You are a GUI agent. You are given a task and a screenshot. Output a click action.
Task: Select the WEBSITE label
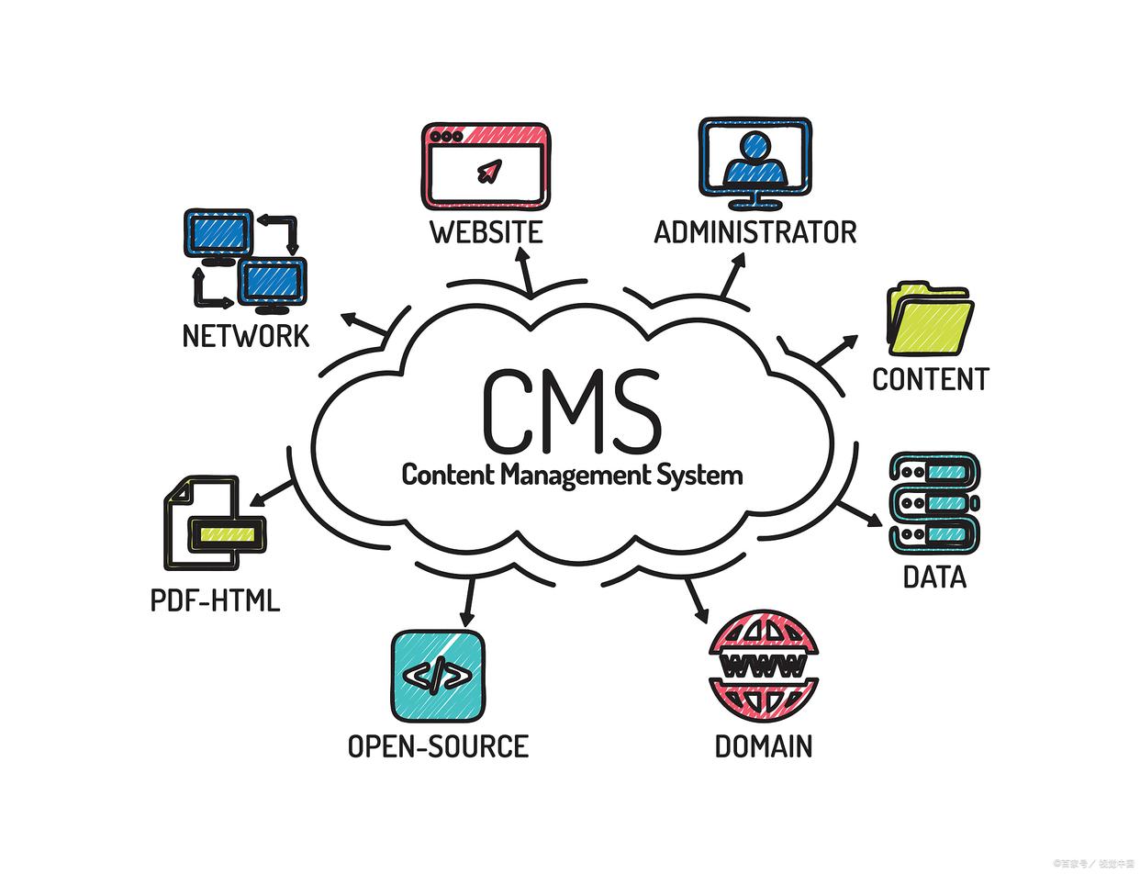point(486,232)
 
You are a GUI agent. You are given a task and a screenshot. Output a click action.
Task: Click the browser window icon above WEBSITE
point(486,165)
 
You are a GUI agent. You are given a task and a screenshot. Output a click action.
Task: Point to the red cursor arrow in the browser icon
point(489,171)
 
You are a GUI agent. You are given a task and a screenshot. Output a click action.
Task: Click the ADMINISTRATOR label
point(754,232)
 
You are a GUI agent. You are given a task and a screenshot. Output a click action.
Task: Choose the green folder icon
point(929,319)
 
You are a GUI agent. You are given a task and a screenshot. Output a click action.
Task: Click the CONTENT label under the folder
point(930,379)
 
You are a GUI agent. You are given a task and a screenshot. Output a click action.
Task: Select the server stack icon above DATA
point(933,503)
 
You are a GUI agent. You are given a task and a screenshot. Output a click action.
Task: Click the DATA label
point(934,577)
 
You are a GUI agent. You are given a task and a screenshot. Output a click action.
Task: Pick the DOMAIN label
point(763,746)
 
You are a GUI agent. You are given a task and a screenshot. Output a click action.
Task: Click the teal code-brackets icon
point(438,677)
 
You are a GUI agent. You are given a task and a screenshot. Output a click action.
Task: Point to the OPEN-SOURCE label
point(438,746)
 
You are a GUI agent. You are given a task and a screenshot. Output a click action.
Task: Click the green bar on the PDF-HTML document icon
point(227,533)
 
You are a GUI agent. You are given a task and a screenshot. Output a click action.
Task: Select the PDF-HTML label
point(215,601)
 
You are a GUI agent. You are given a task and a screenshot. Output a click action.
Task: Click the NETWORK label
point(245,336)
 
